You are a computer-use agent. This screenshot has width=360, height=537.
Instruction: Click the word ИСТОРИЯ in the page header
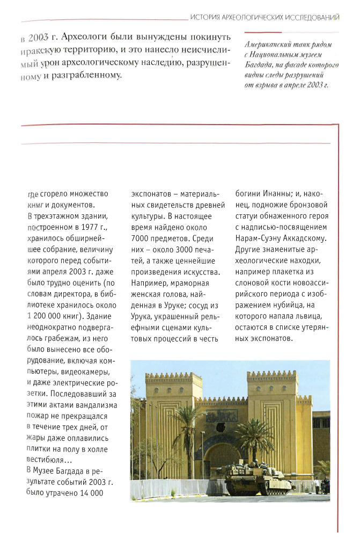204,18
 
